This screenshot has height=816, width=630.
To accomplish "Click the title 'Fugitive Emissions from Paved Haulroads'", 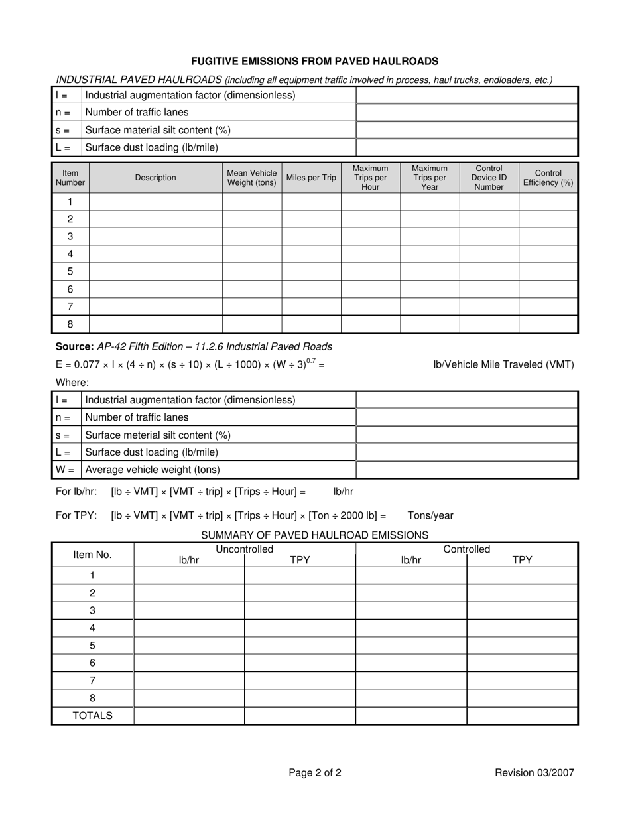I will pyautogui.click(x=315, y=61).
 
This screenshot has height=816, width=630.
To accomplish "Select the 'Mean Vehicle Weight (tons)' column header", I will pyautogui.click(x=252, y=178).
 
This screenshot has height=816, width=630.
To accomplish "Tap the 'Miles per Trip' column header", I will pyautogui.click(x=311, y=178).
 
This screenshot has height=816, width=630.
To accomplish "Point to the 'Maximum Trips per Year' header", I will pyautogui.click(x=430, y=178).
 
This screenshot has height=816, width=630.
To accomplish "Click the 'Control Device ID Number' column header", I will pyautogui.click(x=489, y=178).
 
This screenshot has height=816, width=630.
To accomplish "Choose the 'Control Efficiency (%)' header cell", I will pyautogui.click(x=548, y=178).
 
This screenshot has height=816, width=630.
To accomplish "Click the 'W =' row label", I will pyautogui.click(x=66, y=470).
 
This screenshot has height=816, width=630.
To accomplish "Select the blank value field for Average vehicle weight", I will pyautogui.click(x=467, y=470).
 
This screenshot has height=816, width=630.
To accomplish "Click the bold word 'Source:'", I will pyautogui.click(x=74, y=346).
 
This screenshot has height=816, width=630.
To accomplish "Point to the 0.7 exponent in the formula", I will pyautogui.click(x=310, y=360).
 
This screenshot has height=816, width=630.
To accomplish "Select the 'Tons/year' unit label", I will pyautogui.click(x=430, y=515).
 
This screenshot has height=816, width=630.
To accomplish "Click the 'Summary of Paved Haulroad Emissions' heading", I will pyautogui.click(x=314, y=535).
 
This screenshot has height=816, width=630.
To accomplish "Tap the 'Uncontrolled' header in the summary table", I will pyautogui.click(x=245, y=549).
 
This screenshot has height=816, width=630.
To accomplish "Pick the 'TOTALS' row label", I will pyautogui.click(x=92, y=716).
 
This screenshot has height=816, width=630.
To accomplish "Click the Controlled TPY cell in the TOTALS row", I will pyautogui.click(x=522, y=716).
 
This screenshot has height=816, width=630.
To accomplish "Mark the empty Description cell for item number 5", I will pyautogui.click(x=156, y=271).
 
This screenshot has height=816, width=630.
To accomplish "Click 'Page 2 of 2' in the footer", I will pyautogui.click(x=315, y=772).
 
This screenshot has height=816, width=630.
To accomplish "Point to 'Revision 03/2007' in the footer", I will pyautogui.click(x=535, y=772).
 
